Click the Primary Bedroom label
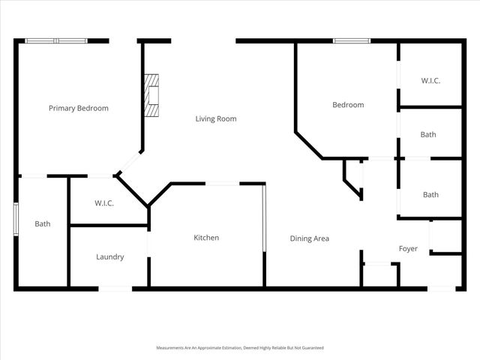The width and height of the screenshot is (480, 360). point(79,108)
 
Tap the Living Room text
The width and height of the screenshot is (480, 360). point(216,118)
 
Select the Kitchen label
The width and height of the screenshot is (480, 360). point(206,238)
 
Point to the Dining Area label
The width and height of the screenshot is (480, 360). point(310,238)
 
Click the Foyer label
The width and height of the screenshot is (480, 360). point(408,249)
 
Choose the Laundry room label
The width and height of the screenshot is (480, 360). point(109,256)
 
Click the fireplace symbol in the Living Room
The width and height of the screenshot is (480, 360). point(152,96)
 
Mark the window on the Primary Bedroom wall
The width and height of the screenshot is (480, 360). point(56,40)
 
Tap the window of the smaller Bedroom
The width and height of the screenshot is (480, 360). point(352,40)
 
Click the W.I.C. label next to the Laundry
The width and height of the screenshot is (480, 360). point(104,203)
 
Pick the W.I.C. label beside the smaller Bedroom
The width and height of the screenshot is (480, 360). point(430,80)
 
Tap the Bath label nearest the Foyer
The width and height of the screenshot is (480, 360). point(430,195)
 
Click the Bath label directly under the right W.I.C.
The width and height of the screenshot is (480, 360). point(428,135)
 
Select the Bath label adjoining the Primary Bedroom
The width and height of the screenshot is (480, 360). point(43,223)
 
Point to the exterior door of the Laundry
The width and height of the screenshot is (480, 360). point(115,288)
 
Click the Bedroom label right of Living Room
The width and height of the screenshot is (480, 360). point(348,105)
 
